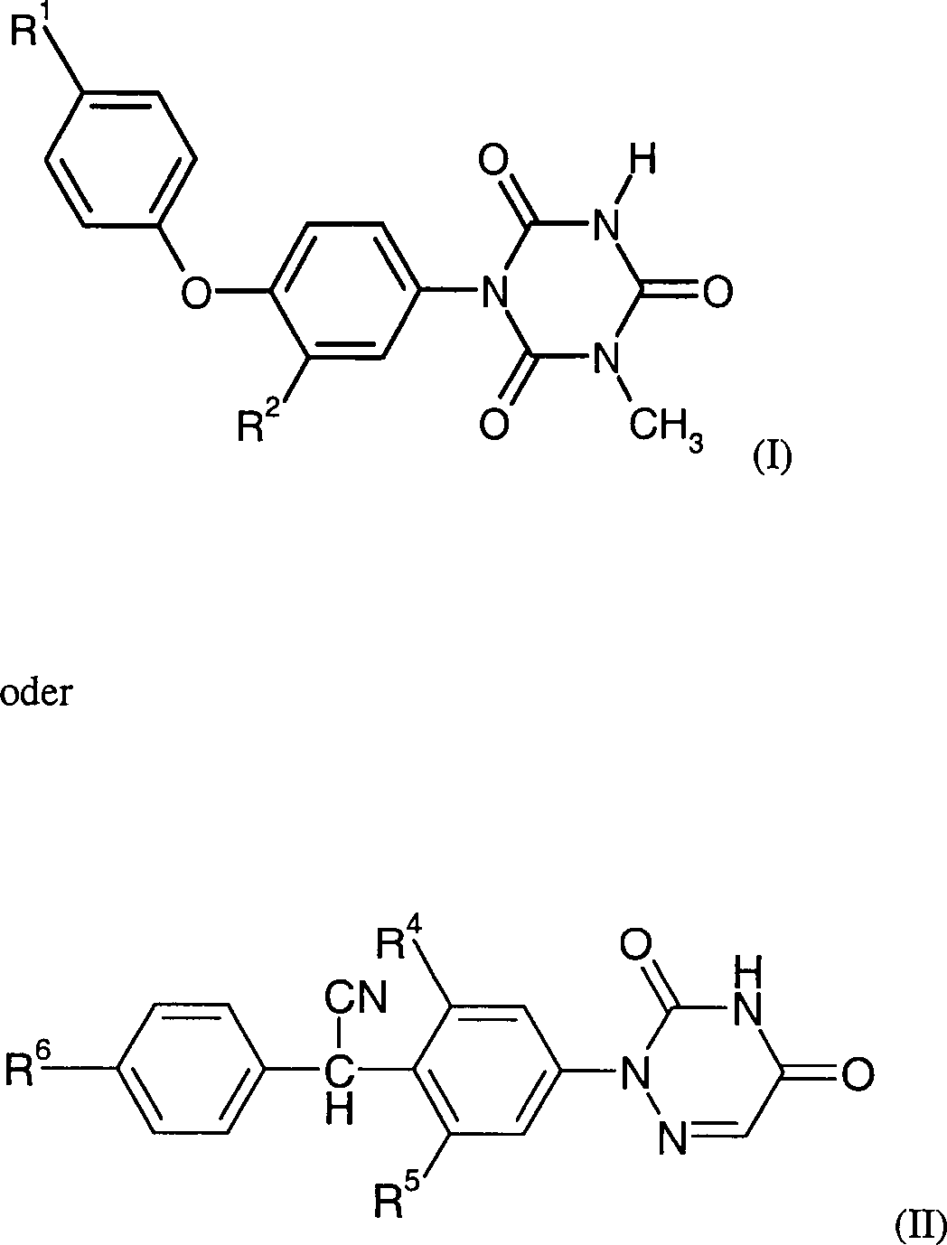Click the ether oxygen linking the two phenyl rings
[x=197, y=291]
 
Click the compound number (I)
[x=772, y=458]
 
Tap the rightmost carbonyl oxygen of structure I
[x=715, y=291]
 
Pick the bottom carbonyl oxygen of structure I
[x=493, y=422]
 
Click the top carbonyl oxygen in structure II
[x=635, y=946]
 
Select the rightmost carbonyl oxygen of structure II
[x=858, y=1073]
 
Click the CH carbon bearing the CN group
[x=339, y=1073]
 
